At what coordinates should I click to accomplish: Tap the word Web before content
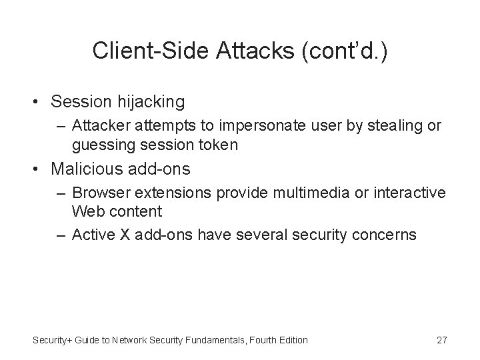[x=87, y=211]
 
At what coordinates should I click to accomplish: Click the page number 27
[x=441, y=340]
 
